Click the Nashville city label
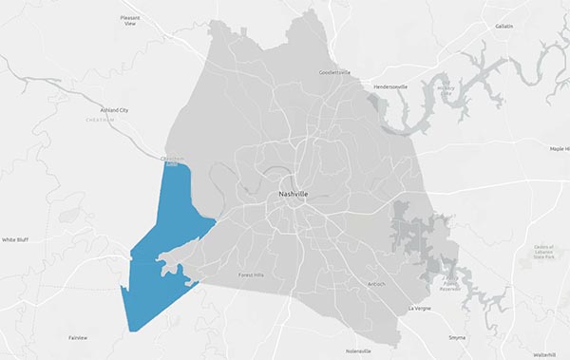pyautogui.click(x=293, y=194)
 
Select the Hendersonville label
pyautogui.click(x=389, y=86)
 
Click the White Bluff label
pyautogui.click(x=15, y=240)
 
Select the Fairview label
pyautogui.click(x=78, y=338)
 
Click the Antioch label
pyautogui.click(x=376, y=284)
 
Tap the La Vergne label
pyautogui.click(x=419, y=309)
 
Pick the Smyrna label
pyautogui.click(x=459, y=337)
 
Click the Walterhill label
pyautogui.click(x=544, y=353)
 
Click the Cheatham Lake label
pyautogui.click(x=172, y=161)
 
